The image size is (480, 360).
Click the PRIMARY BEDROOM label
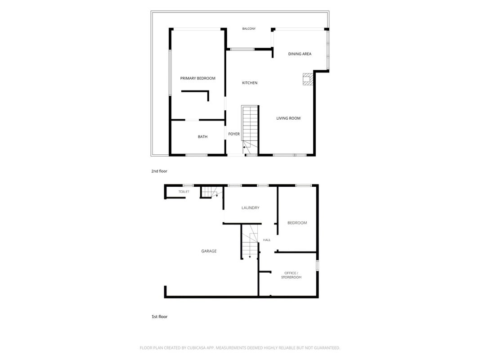pyautogui.click(x=198, y=78)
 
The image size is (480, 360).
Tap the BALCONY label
pyautogui.click(x=249, y=29)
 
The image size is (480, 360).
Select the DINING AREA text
pyautogui.click(x=300, y=54)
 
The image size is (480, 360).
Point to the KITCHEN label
pyautogui.click(x=250, y=83)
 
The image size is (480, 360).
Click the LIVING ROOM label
pyautogui.click(x=288, y=118)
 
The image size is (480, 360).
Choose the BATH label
pyautogui.click(x=202, y=137)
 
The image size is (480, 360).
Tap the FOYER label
pyautogui.click(x=234, y=134)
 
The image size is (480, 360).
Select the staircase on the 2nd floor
pyautogui.click(x=250, y=130)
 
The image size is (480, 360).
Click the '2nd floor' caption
pyautogui.click(x=159, y=171)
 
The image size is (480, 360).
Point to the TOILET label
pyautogui.click(x=184, y=192)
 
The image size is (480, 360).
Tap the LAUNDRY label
pyautogui.click(x=251, y=208)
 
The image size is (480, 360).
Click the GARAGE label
pyautogui.click(x=209, y=251)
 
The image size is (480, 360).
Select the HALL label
pyautogui.click(x=267, y=240)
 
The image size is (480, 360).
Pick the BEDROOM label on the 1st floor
pyautogui.click(x=297, y=223)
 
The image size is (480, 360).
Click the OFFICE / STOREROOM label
pyautogui.click(x=292, y=275)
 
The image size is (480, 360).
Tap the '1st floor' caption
pyautogui.click(x=160, y=316)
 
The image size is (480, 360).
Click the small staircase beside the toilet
pyautogui.click(x=209, y=192)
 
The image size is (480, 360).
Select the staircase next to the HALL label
pyautogui.click(x=250, y=242)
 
